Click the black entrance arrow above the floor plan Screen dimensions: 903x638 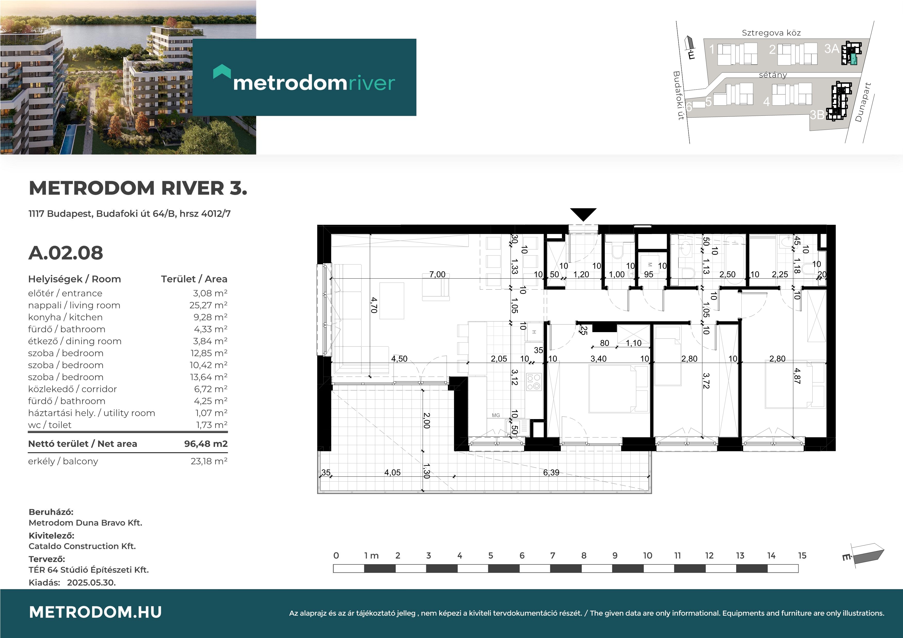coord(583,214)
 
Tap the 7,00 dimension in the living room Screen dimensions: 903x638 coord(437,274)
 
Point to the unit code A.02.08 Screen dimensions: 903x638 coord(66,253)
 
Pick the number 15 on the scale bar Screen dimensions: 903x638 coord(802,555)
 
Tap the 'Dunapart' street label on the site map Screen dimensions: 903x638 coord(863,102)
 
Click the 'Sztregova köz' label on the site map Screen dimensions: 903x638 coord(771,33)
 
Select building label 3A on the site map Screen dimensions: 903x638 coord(831,49)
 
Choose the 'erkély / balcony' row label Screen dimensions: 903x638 coord(63,461)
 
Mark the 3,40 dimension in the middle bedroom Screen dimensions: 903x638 coord(598,359)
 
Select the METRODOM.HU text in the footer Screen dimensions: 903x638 coord(95,612)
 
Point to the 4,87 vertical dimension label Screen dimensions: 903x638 coord(797,376)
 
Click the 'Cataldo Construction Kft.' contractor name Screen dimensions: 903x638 coord(82,546)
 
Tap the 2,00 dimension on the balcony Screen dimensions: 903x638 coord(427,421)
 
